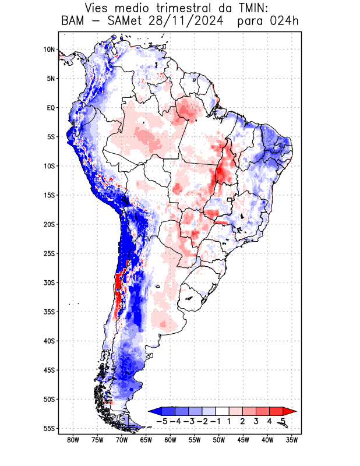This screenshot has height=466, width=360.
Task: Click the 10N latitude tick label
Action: (x=49, y=50)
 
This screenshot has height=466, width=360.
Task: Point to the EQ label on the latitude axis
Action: (x=50, y=108)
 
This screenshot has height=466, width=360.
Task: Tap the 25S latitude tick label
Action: (x=49, y=253)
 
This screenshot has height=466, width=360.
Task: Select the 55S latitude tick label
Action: (x=49, y=428)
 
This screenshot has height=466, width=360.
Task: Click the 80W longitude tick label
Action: (x=73, y=440)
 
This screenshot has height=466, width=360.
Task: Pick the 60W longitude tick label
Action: (x=170, y=440)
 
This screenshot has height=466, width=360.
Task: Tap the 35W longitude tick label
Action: (x=292, y=440)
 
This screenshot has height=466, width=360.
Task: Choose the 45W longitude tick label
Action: (x=243, y=440)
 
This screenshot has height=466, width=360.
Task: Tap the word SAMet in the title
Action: (x=117, y=22)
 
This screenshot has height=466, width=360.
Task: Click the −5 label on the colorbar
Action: (x=163, y=421)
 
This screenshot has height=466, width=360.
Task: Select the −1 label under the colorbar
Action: (x=216, y=421)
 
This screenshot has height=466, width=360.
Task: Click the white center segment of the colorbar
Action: (x=223, y=411)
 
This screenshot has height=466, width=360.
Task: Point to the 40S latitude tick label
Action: (x=49, y=341)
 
